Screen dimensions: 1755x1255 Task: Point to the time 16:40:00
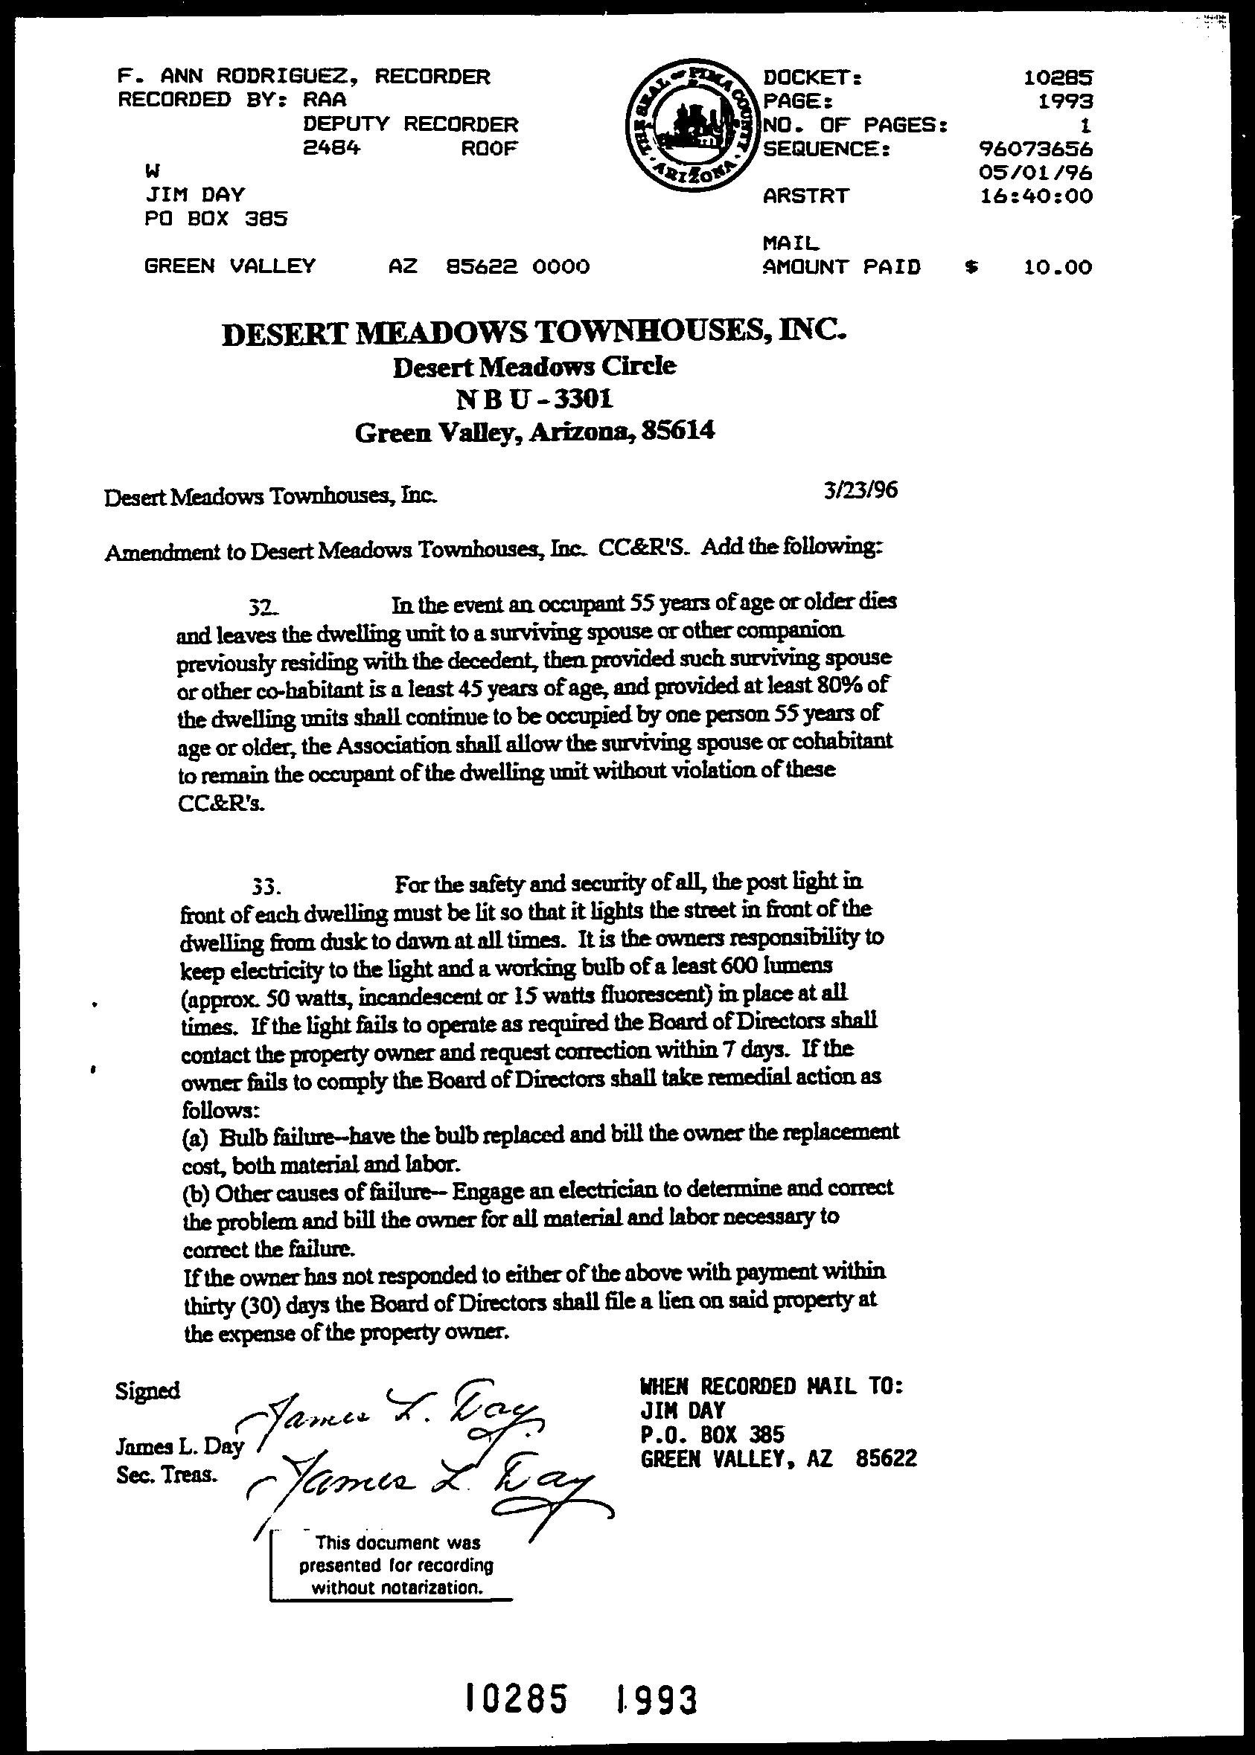point(1035,196)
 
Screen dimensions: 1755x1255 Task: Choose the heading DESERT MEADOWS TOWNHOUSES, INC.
point(534,331)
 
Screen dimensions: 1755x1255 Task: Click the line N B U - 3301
point(534,400)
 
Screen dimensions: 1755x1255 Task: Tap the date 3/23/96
point(860,490)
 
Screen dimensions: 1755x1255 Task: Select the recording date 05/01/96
point(1035,173)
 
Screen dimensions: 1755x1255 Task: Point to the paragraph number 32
point(261,607)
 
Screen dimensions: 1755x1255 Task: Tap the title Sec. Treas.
point(167,1475)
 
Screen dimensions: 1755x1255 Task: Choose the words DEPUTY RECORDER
point(410,124)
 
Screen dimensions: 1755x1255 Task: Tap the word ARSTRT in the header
point(805,196)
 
